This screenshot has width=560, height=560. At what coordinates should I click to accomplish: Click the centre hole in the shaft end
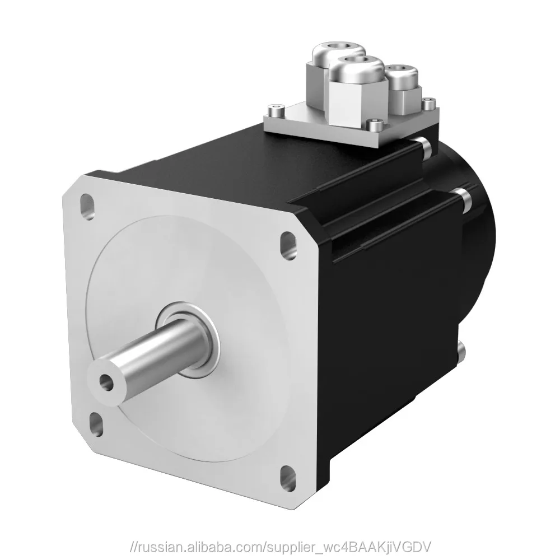point(105,382)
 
